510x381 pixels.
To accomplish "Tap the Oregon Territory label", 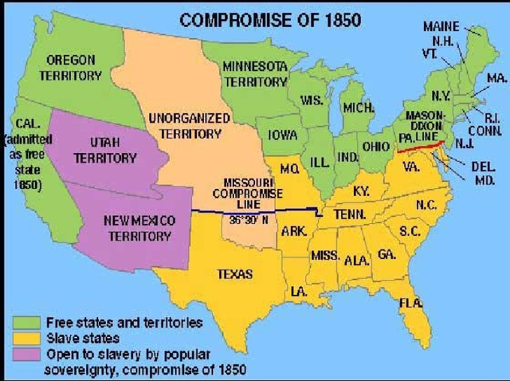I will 71,68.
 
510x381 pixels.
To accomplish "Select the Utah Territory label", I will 104,150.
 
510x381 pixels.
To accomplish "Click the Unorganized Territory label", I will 190,125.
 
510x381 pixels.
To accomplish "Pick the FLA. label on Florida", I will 410,303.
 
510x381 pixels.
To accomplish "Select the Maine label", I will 441,26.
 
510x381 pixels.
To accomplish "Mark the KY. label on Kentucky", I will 361,191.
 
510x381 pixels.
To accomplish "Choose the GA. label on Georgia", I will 386,253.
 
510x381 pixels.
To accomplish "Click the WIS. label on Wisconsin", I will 311,101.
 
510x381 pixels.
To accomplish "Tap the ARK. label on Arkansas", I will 294,231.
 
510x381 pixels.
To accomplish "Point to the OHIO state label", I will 375,147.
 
